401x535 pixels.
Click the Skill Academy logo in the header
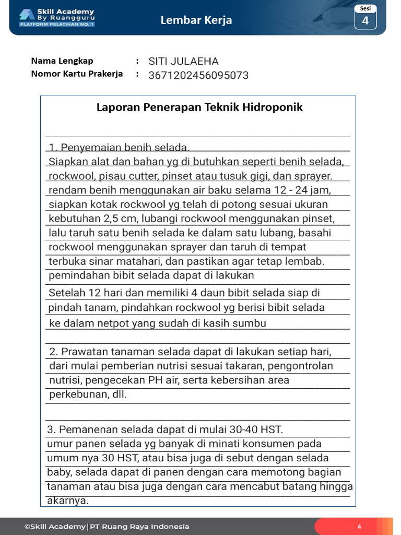(56, 17)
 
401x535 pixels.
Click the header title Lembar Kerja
(196, 20)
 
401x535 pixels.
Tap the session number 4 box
(365, 20)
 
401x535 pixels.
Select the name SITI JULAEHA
(183, 61)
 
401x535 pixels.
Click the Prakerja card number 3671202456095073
(198, 75)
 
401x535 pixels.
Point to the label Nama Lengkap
(62, 61)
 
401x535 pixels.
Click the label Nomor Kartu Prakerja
(77, 74)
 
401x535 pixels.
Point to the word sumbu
(251, 323)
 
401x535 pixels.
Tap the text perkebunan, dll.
(88, 395)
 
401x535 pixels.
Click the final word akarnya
(68, 501)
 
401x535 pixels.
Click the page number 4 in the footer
(359, 526)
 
